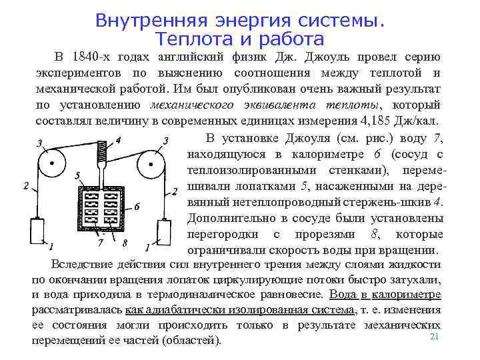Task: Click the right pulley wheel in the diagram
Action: click(x=152, y=163)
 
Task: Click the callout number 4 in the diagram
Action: click(x=118, y=141)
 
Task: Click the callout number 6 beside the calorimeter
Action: click(x=137, y=207)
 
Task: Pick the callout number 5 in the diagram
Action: click(x=78, y=176)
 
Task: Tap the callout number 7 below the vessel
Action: click(x=101, y=243)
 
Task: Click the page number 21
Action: click(x=435, y=337)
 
